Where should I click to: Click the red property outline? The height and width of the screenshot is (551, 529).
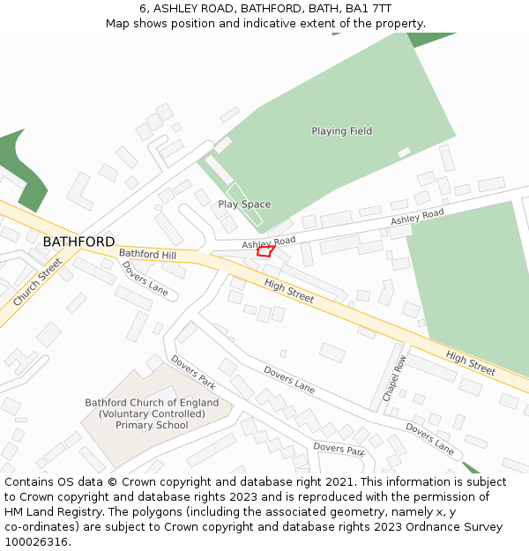(265, 251)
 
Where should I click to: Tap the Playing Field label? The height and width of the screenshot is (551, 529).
(341, 131)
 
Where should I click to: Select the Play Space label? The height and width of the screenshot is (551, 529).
(244, 205)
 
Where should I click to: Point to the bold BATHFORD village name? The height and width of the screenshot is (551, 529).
(78, 242)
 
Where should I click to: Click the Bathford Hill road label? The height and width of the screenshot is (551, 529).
(147, 255)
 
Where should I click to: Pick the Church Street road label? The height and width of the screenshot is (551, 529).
(38, 282)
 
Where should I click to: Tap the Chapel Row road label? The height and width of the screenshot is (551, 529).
(394, 378)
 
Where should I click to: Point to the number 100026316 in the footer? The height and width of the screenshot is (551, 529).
(38, 541)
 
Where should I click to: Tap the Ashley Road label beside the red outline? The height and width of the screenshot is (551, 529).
(269, 242)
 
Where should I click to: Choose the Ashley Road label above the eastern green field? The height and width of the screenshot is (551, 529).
(417, 216)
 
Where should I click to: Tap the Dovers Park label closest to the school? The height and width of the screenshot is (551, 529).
(193, 372)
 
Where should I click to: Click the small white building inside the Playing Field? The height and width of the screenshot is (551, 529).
(404, 153)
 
